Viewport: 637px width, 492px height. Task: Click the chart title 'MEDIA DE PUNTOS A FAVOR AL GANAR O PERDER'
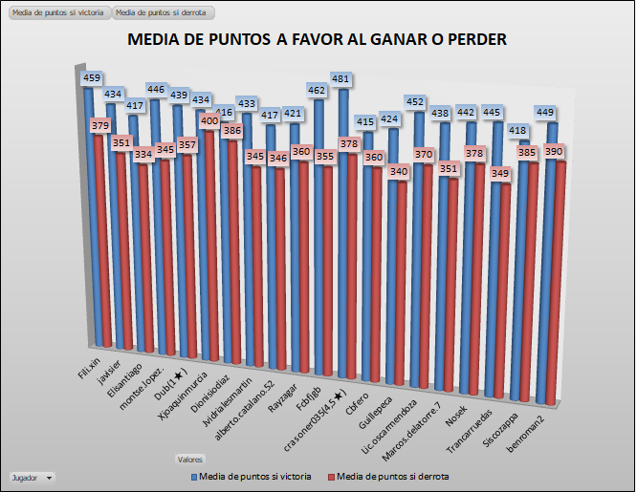pyautogui.click(x=317, y=40)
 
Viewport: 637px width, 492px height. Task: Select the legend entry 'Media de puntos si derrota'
pyautogui.click(x=387, y=476)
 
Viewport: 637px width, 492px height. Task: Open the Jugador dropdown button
pyautogui.click(x=49, y=477)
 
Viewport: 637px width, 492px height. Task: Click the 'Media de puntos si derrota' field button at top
pyautogui.click(x=163, y=12)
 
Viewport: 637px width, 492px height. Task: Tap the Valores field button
pyautogui.click(x=189, y=459)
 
